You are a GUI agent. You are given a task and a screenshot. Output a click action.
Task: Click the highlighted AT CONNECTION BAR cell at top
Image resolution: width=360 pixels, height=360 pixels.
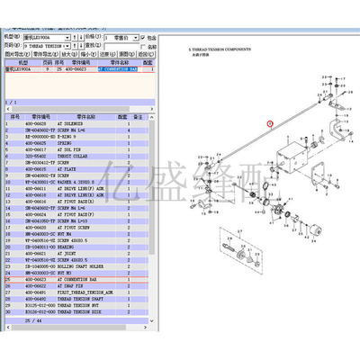[117, 67]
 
